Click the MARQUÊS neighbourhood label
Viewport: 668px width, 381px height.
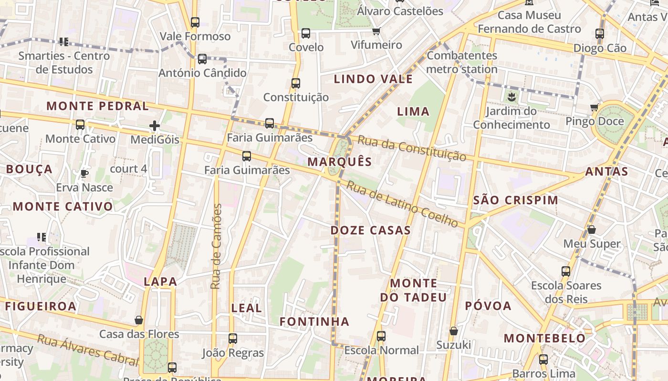coord(339,161)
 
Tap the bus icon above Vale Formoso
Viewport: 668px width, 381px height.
coord(195,22)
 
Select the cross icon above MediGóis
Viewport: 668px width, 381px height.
coord(155,126)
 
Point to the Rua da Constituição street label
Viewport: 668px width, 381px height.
coord(412,148)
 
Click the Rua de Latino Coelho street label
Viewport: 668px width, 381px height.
coord(402,204)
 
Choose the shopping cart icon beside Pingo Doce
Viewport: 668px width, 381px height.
coord(595,107)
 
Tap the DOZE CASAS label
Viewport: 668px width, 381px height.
coord(371,231)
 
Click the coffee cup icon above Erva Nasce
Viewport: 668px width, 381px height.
coord(84,173)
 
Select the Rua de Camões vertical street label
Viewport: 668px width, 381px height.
coord(216,246)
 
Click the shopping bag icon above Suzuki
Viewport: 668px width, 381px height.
coord(454,331)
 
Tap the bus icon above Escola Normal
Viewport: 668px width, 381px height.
coord(381,336)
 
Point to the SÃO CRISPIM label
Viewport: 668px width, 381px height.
coord(515,200)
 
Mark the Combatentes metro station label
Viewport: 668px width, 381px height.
coord(461,62)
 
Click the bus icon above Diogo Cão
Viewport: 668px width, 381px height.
coord(600,34)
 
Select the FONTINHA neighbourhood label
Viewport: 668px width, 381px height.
coord(314,321)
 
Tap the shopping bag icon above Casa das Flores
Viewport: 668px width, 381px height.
coord(139,320)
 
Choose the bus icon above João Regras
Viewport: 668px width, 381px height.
coord(233,339)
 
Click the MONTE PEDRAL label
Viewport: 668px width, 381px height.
coord(98,106)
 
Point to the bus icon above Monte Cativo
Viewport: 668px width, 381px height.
coord(80,125)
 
